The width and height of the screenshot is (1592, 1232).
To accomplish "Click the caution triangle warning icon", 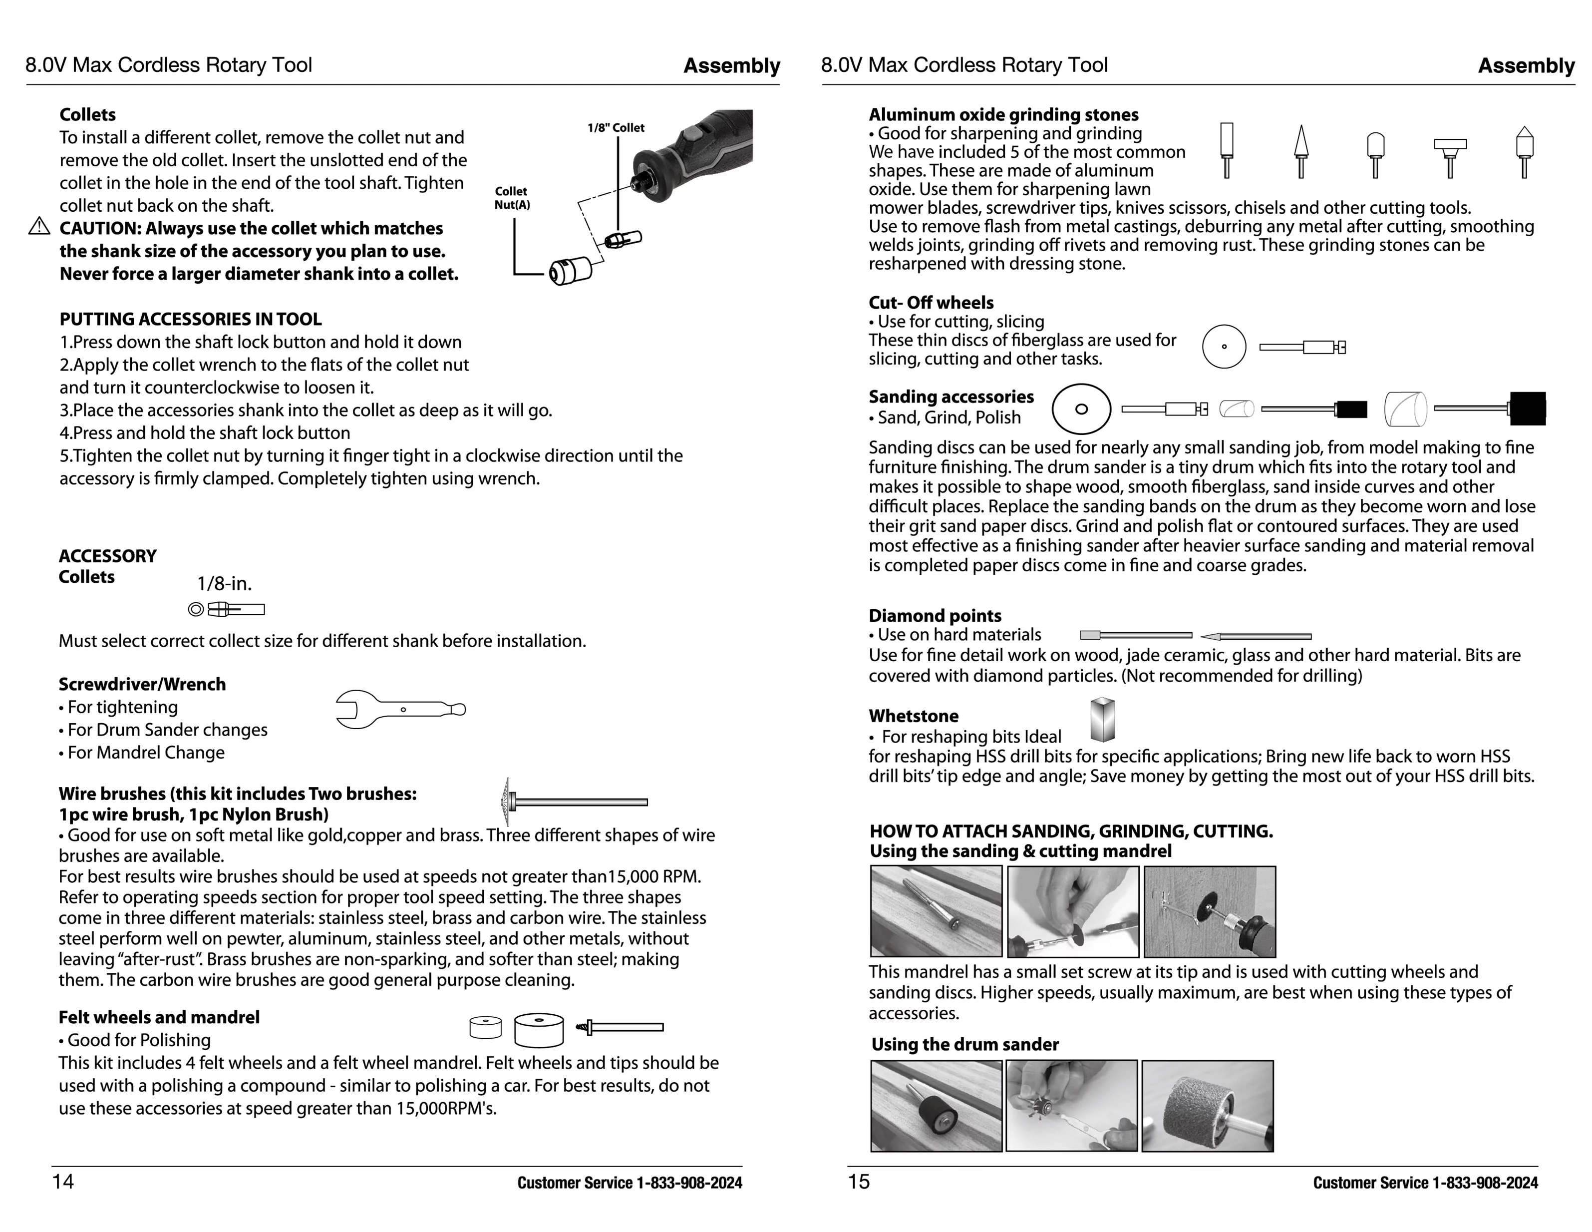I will pyautogui.click(x=38, y=227).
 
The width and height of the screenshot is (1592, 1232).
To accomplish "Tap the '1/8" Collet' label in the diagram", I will pyautogui.click(x=616, y=127).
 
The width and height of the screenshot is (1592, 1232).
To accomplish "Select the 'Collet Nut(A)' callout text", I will pyautogui.click(x=512, y=198).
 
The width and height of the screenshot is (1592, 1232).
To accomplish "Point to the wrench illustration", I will pyautogui.click(x=399, y=709).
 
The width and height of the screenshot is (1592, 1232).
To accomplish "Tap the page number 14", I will pyautogui.click(x=63, y=1181).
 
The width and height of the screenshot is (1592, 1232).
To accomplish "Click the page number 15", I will pyautogui.click(x=859, y=1181).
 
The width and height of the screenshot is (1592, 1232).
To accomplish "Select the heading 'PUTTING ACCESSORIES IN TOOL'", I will pyautogui.click(x=190, y=319).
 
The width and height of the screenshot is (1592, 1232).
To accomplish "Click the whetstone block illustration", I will pyautogui.click(x=1102, y=720).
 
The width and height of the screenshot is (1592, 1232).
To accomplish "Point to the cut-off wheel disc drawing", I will pyautogui.click(x=1224, y=346).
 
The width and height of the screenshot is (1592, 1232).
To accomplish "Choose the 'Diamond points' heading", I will pyautogui.click(x=935, y=616).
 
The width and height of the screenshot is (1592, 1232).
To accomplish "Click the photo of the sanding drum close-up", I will pyautogui.click(x=1207, y=1106).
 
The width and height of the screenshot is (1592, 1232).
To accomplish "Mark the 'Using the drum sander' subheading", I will pyautogui.click(x=965, y=1044).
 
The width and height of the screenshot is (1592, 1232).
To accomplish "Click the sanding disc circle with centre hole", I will pyautogui.click(x=1081, y=409).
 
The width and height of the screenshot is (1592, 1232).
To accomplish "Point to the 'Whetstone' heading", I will pyautogui.click(x=914, y=716).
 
